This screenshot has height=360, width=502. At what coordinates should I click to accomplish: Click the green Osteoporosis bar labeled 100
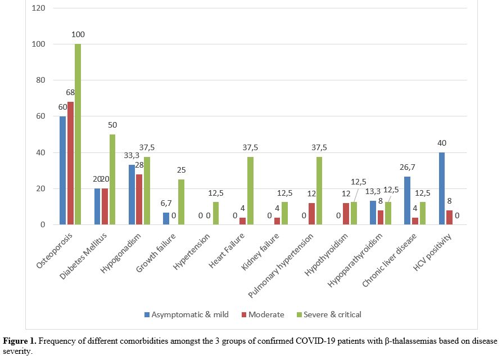point(78,135)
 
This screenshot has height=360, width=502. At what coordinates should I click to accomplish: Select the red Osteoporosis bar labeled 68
point(70,164)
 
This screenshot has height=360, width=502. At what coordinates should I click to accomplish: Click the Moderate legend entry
point(263,314)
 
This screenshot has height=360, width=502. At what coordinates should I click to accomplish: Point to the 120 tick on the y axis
point(39,8)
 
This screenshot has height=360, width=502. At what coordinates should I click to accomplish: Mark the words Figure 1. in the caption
point(21,341)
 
